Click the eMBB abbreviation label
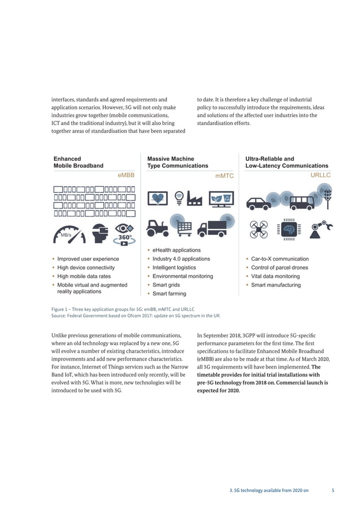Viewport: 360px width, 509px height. point(126,175)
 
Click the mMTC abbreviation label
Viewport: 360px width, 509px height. point(224,176)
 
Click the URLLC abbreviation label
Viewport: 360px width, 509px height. point(321,175)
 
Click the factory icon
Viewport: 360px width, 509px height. point(195,199)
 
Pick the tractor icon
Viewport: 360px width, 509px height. point(159,227)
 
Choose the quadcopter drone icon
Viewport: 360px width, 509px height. point(260,229)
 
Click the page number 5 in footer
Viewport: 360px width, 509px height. point(333,490)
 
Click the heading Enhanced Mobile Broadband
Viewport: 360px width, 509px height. point(78,163)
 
